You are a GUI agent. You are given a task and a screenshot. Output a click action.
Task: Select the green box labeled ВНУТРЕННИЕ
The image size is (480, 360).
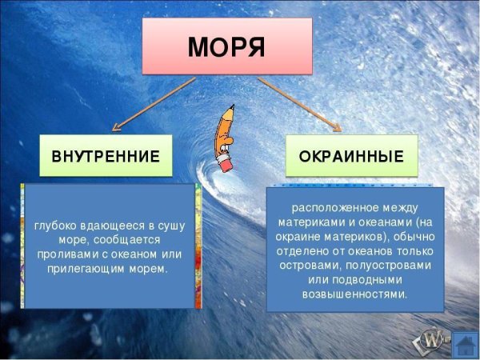(x=106, y=156)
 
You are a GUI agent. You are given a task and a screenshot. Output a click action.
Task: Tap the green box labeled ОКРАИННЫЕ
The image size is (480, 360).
(x=351, y=155)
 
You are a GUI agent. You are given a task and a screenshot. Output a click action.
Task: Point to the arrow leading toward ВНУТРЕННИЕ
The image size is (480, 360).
(x=152, y=102)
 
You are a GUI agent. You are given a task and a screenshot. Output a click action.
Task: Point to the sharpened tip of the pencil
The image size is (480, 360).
(x=232, y=106)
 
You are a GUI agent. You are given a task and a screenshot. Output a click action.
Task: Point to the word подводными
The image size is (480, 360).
(x=371, y=279)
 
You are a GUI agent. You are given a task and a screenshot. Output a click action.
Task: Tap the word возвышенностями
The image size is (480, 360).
(x=354, y=294)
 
